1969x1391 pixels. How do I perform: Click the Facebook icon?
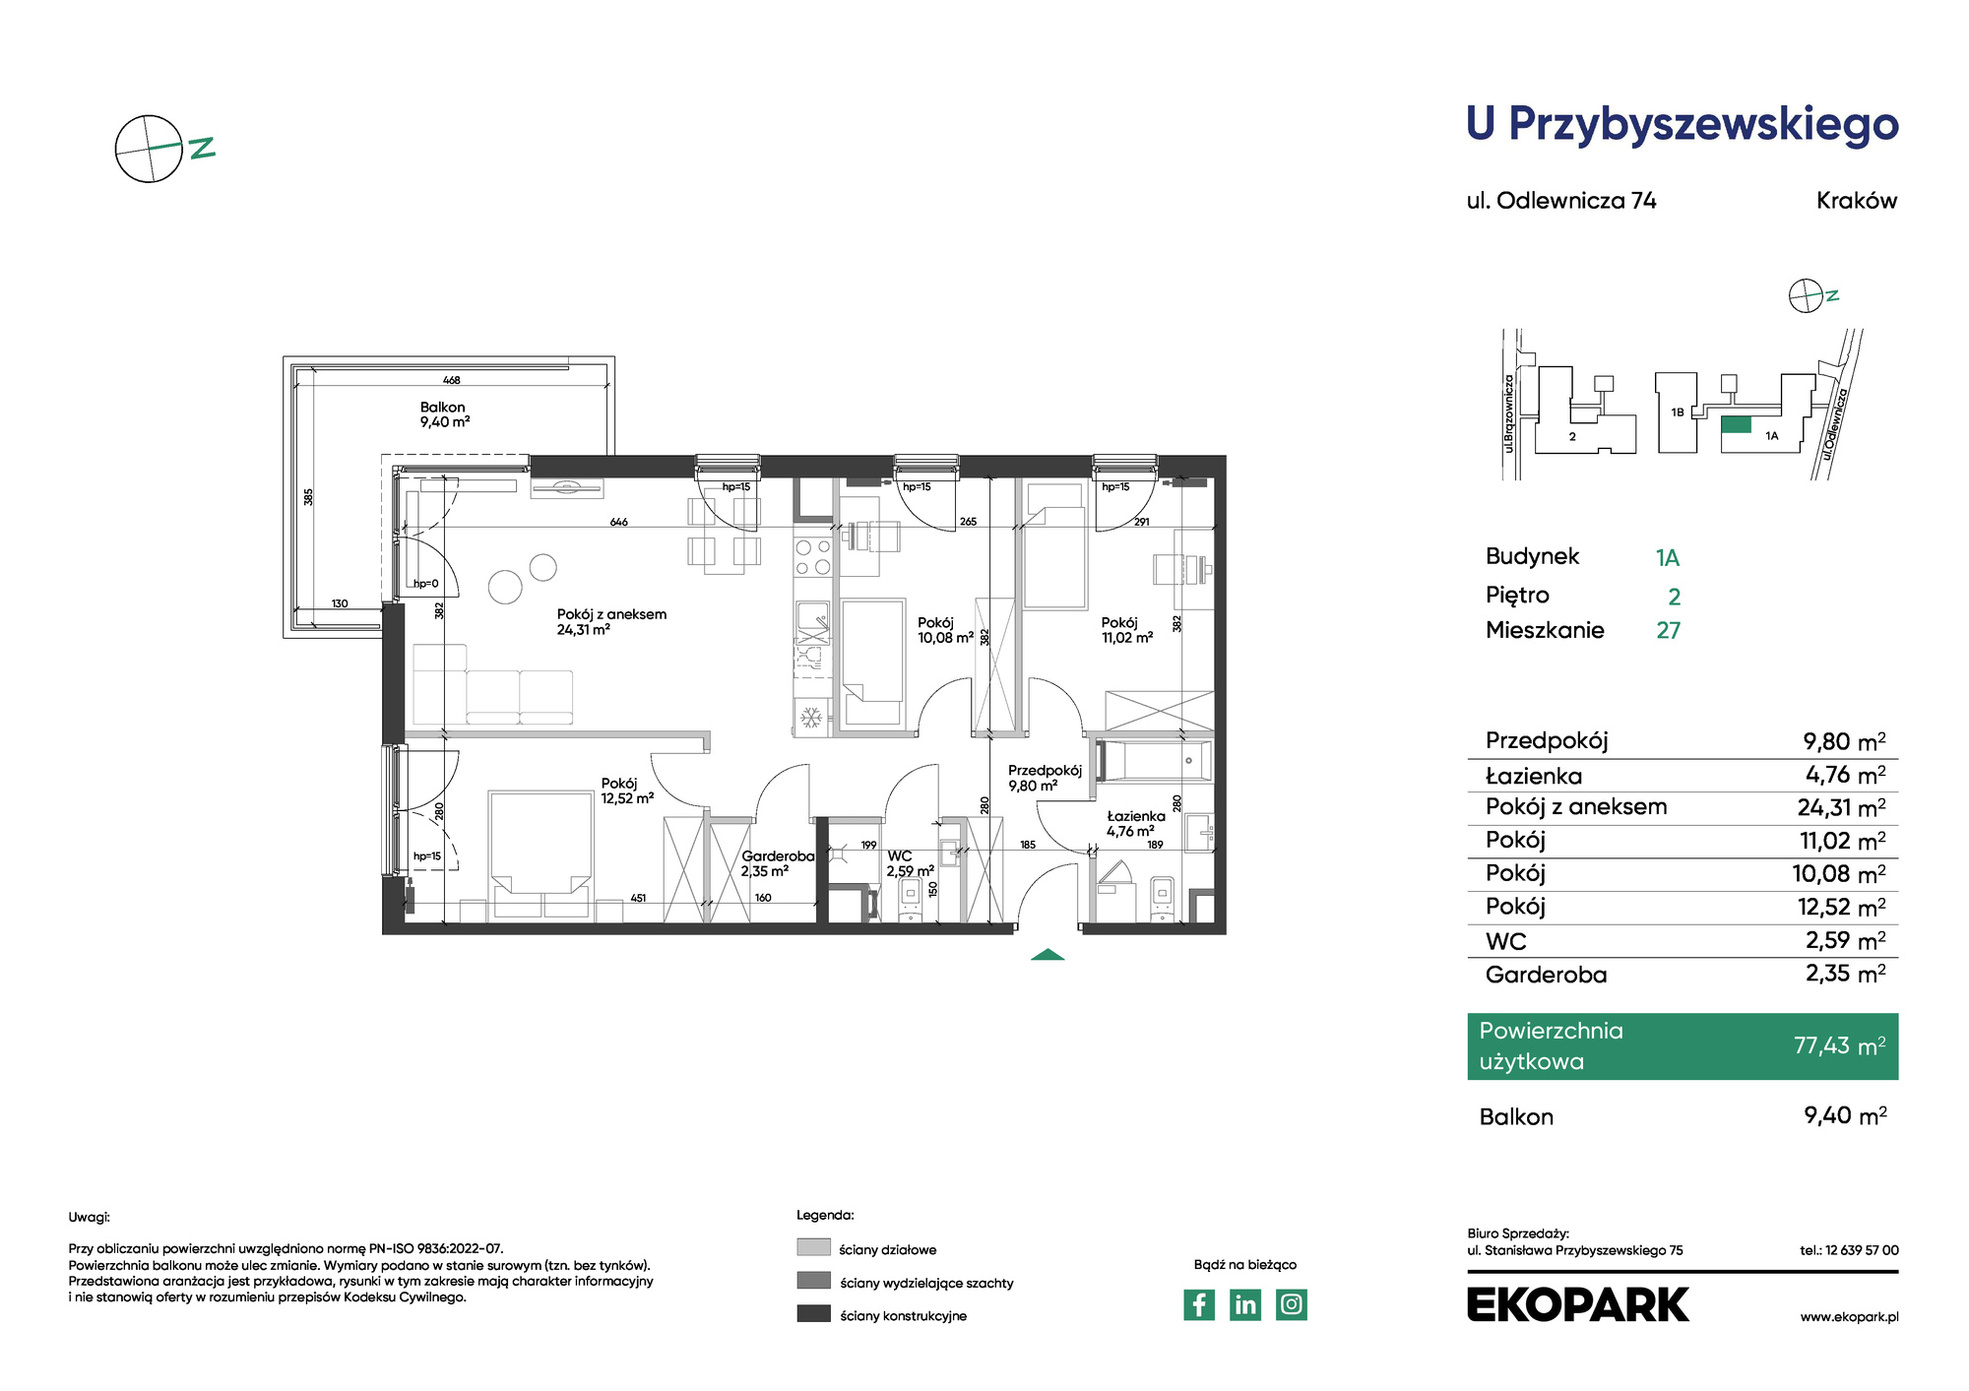(x=1198, y=1304)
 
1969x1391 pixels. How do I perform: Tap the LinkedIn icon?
(x=1245, y=1304)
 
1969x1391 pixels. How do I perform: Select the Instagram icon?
(x=1292, y=1304)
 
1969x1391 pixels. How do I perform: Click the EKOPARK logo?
(x=1577, y=1304)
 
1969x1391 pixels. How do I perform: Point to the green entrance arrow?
(x=1048, y=954)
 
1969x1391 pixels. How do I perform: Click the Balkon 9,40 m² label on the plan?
(x=444, y=414)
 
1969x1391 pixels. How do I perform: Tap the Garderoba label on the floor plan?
(x=778, y=856)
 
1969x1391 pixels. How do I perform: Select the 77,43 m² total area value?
(x=1839, y=1045)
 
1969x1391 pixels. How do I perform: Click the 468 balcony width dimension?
(x=452, y=380)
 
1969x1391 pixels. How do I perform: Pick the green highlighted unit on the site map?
(x=1737, y=425)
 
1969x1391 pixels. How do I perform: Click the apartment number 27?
(x=1669, y=630)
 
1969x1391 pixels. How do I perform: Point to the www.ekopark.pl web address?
(x=1849, y=1317)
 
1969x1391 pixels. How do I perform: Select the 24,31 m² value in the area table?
(x=1841, y=808)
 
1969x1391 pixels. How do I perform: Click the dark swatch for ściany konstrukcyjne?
(x=813, y=1313)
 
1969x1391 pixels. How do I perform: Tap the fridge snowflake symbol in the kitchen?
(x=811, y=718)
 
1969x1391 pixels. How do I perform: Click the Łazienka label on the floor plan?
(x=1136, y=816)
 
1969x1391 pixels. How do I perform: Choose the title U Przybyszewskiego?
(x=1683, y=125)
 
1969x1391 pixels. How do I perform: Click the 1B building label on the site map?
(x=1678, y=412)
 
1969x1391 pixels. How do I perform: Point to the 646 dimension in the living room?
(x=618, y=522)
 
